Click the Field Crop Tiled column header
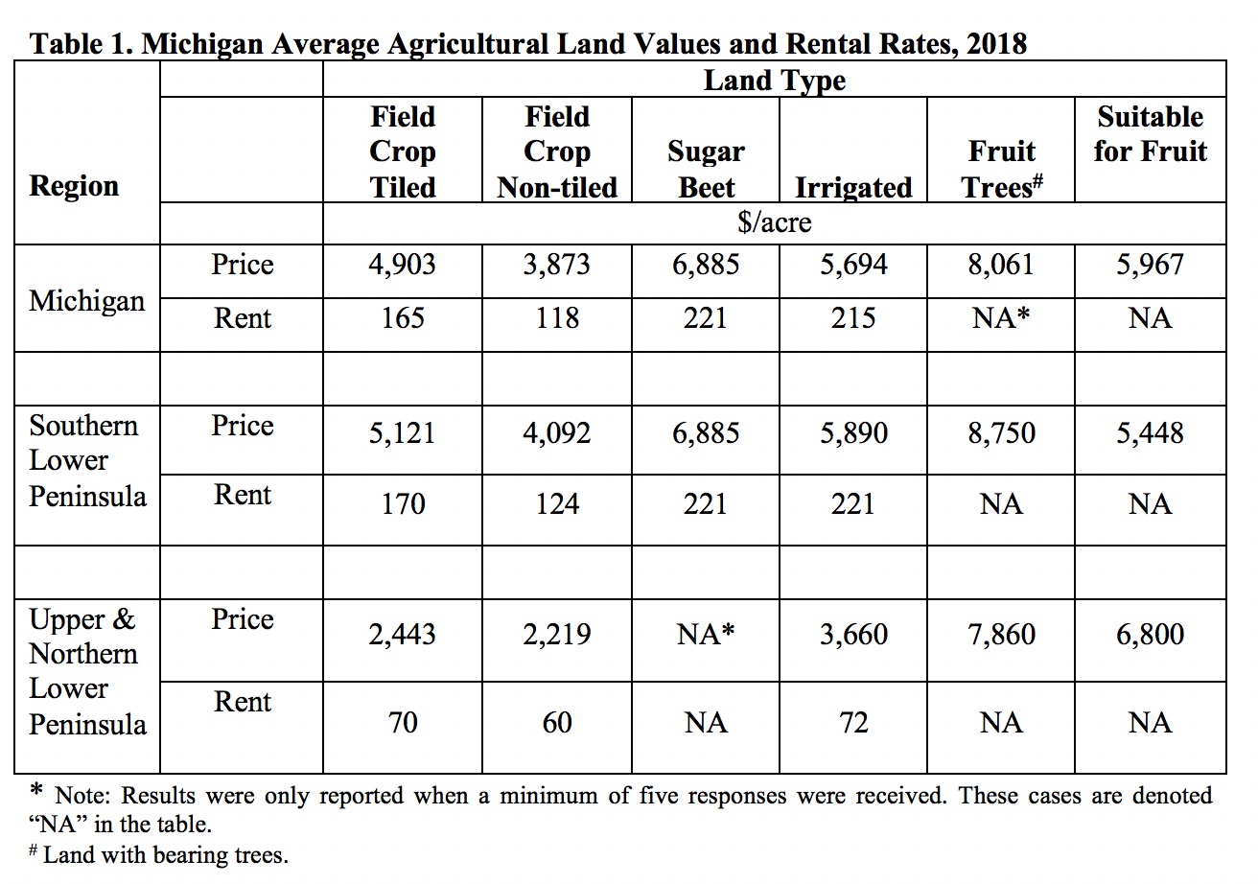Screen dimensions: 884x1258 click(403, 151)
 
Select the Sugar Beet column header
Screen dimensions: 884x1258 click(705, 169)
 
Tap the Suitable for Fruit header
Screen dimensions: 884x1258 click(1150, 134)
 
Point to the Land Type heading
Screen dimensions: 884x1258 click(774, 81)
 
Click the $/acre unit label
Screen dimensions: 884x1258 click(774, 223)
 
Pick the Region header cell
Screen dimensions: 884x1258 click(74, 186)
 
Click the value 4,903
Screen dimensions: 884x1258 click(403, 266)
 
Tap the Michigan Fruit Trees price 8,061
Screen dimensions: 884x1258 click(1001, 266)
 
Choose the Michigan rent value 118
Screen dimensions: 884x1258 click(557, 318)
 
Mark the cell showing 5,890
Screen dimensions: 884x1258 click(853, 433)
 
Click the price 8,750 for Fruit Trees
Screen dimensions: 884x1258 click(1001, 433)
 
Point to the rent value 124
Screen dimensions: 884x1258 click(557, 503)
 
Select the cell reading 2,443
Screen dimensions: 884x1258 click(403, 635)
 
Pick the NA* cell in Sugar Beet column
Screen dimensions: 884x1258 click(705, 635)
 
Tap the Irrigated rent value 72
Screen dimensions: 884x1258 click(853, 722)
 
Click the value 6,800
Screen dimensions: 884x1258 click(1150, 635)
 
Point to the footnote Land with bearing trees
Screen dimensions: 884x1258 click(165, 855)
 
